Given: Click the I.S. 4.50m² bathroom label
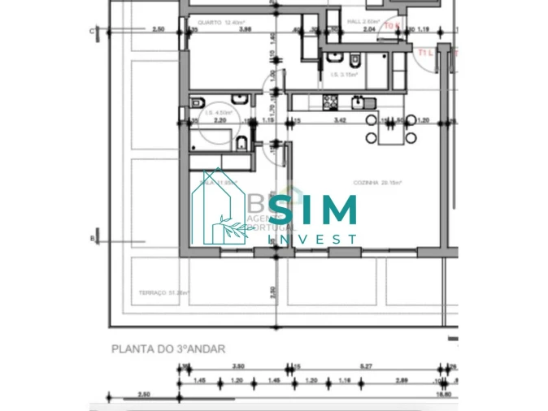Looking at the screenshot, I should coord(215,113).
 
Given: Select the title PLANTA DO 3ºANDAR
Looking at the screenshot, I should coord(167,348).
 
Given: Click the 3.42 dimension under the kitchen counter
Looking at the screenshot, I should coord(341,121).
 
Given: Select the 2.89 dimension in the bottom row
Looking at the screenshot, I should coord(401,380).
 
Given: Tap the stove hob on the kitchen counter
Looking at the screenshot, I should coord(330,102).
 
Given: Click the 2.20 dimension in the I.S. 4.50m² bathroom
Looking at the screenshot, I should coord(218,121).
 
